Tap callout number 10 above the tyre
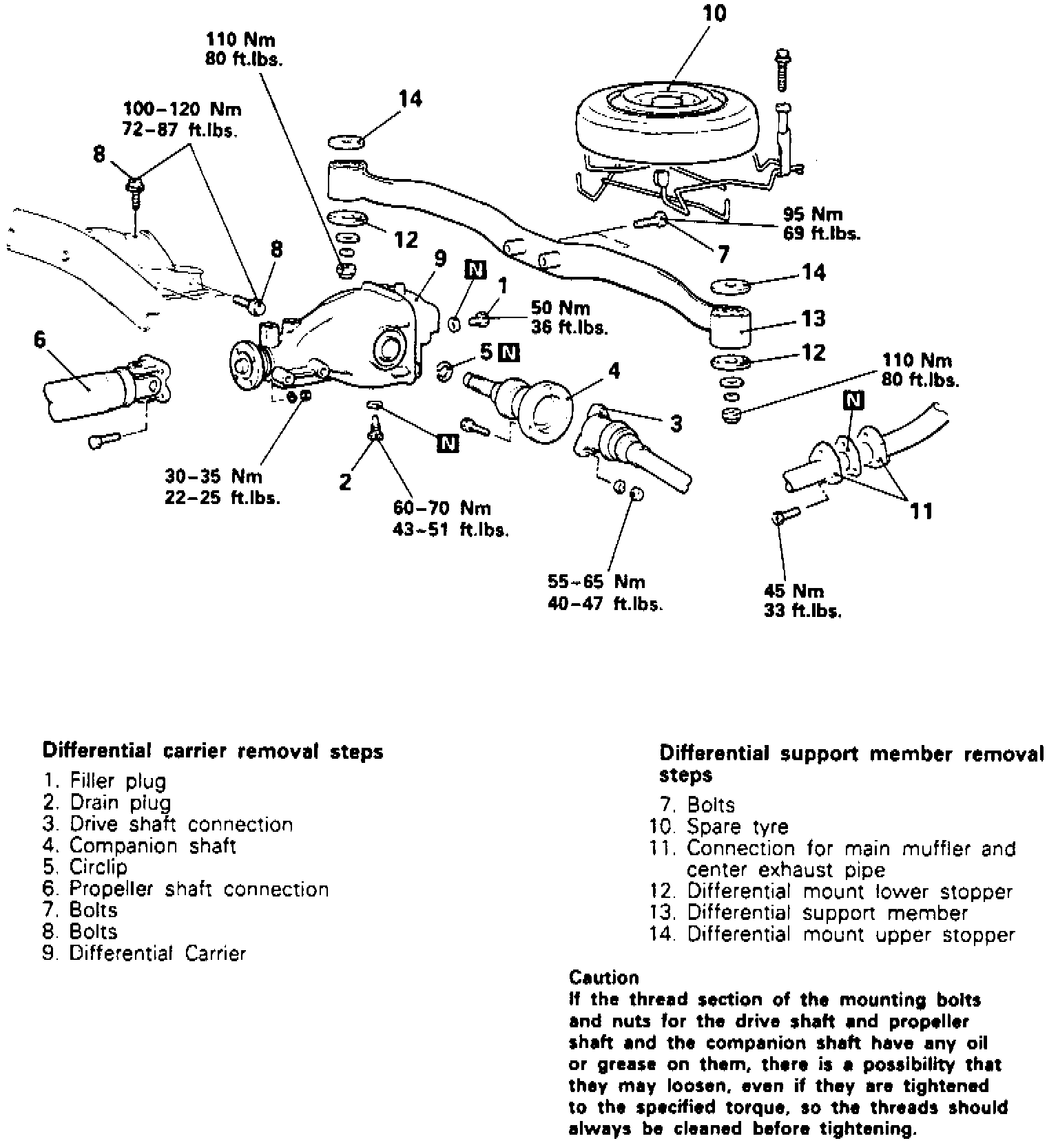[x=714, y=14]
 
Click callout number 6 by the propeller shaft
[x=40, y=339]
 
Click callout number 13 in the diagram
[x=813, y=318]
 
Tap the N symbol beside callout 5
[x=509, y=353]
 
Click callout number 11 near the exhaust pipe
[x=921, y=511]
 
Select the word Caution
[x=604, y=978]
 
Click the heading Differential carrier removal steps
[x=213, y=751]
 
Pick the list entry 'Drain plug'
[x=120, y=803]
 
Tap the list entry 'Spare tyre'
[x=737, y=826]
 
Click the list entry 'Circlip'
[x=98, y=867]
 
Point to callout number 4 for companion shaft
[x=614, y=372]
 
